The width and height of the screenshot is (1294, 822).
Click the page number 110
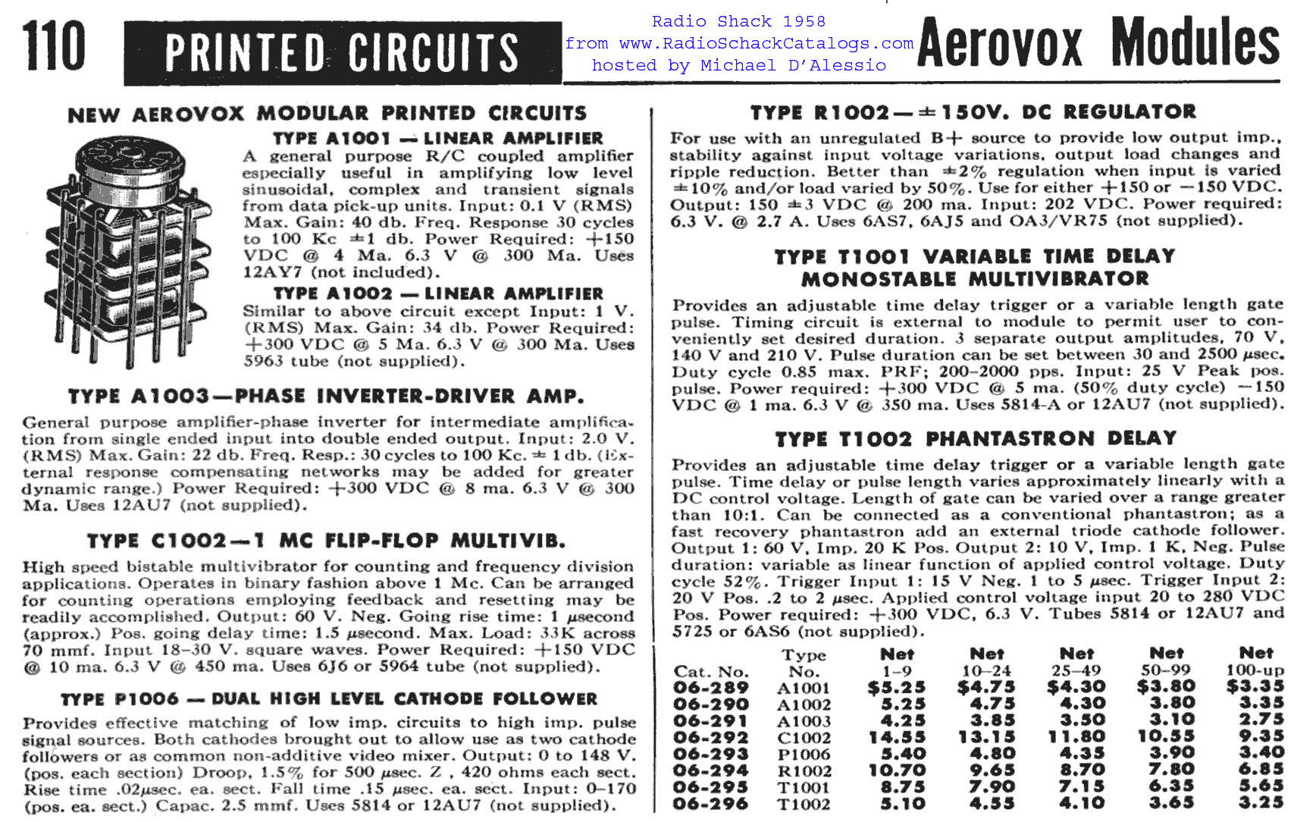click(53, 47)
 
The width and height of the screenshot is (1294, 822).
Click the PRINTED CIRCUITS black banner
click(343, 53)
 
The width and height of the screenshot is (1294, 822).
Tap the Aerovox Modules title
click(1098, 44)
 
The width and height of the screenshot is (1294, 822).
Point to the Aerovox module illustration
click(125, 250)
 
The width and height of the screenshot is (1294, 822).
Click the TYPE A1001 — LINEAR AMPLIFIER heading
click(438, 139)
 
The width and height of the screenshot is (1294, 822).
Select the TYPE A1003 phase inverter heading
click(326, 397)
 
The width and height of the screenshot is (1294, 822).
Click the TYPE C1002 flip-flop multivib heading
click(326, 541)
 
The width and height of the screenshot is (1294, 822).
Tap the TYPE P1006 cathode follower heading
click(329, 699)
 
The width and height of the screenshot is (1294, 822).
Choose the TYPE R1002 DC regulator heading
click(973, 113)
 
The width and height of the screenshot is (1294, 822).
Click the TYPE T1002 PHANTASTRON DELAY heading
click(976, 439)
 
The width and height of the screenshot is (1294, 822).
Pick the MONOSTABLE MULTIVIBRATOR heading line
click(975, 279)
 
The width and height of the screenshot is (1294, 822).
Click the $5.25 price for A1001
click(897, 688)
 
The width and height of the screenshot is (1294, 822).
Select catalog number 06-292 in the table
click(710, 738)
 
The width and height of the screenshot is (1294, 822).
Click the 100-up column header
click(1255, 670)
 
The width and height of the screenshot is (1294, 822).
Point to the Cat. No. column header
click(710, 672)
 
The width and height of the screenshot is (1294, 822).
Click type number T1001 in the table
click(804, 788)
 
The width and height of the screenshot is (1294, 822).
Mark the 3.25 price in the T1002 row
click(1261, 804)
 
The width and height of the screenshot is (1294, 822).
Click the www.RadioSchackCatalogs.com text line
click(739, 44)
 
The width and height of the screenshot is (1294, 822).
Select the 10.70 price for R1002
click(897, 771)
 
